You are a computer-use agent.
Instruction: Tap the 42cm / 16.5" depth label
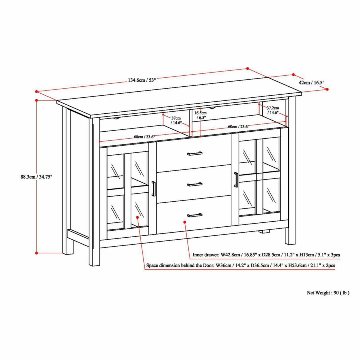pos(311,83)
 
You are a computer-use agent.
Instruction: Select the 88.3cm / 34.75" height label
pos(36,177)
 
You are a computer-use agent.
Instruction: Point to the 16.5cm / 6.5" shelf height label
pos(200,115)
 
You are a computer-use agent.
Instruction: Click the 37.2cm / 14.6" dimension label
pos(273,110)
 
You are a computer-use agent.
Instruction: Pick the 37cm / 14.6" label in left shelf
pos(176,120)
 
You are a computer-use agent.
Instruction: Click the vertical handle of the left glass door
pos(154,189)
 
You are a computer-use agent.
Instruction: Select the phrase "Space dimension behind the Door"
pos(180,265)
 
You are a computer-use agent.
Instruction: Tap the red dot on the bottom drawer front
pos(185,222)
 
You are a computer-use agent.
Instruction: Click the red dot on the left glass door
pos(137,217)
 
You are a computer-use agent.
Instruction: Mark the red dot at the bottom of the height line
pos(37,253)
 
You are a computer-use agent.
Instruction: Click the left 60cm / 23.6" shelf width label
pos(145,137)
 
